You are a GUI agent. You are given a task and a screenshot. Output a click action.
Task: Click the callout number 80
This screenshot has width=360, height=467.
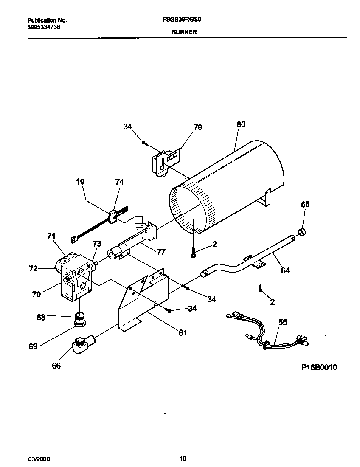(241, 125)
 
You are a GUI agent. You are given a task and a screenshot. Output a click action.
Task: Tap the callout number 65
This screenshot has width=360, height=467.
(305, 204)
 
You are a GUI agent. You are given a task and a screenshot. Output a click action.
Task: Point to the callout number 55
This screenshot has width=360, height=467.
(282, 322)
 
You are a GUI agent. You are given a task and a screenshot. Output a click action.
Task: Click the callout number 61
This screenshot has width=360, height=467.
(183, 332)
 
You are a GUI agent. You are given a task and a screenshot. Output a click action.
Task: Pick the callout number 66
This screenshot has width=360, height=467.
(56, 366)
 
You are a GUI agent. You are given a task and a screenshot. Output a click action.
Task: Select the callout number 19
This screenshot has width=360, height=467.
(80, 182)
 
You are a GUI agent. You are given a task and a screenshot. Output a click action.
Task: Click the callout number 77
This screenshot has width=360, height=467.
(160, 252)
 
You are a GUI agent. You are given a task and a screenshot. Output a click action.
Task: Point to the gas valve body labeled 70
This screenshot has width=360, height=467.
(76, 280)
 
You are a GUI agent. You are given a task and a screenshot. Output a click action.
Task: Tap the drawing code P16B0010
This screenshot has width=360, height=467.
(319, 367)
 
